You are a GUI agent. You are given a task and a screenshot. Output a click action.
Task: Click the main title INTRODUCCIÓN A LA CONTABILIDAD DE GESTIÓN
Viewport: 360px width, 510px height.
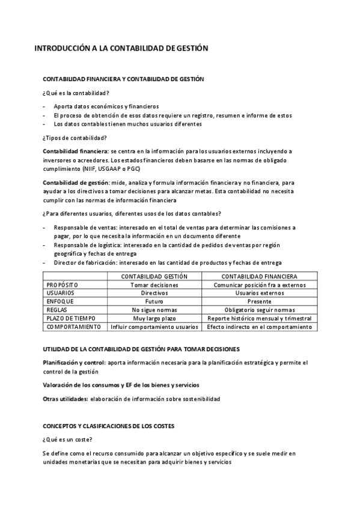point(121,48)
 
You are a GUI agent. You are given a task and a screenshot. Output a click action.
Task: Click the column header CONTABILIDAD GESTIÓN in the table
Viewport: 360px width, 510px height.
point(154,276)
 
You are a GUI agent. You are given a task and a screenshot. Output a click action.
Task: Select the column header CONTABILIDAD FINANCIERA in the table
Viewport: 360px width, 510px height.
point(260,276)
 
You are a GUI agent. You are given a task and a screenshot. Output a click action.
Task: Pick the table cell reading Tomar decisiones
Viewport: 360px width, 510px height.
point(154,284)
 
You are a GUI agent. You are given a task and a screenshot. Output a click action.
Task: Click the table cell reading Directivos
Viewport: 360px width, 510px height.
point(154,293)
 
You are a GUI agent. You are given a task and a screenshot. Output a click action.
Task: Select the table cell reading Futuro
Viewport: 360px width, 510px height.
point(154,301)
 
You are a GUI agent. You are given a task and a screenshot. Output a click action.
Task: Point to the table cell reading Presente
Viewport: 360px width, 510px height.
point(260,301)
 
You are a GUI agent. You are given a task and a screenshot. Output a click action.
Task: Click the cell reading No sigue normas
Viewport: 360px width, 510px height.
point(154,310)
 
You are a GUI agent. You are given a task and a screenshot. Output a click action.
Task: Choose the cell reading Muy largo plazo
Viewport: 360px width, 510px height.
point(154,318)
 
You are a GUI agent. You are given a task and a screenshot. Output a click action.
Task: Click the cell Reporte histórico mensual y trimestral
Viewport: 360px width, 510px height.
point(260,318)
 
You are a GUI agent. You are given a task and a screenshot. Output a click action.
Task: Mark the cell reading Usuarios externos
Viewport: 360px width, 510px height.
point(260,293)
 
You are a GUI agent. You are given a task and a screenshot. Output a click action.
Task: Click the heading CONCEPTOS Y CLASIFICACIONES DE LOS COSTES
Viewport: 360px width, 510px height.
point(108,426)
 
